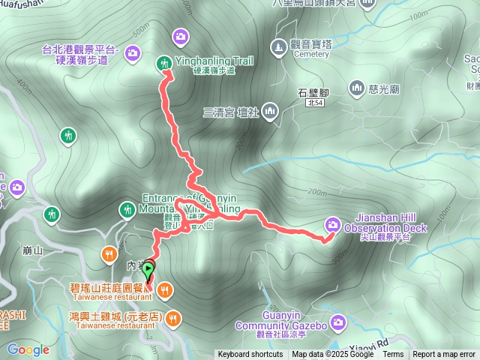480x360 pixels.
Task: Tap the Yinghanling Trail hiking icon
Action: click(x=164, y=63)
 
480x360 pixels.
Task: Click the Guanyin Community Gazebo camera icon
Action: click(x=338, y=322)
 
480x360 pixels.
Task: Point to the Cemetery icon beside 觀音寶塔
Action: click(x=278, y=47)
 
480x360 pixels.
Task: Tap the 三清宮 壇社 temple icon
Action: click(x=269, y=113)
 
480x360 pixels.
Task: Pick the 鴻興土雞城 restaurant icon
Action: click(x=172, y=317)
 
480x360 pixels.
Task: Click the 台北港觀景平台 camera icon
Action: click(x=133, y=52)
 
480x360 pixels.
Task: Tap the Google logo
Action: click(x=28, y=349)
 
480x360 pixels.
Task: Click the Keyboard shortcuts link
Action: click(x=250, y=355)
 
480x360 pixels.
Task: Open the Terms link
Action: click(x=393, y=355)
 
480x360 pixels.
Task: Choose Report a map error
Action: click(x=444, y=355)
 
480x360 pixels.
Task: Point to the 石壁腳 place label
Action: click(x=313, y=93)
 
